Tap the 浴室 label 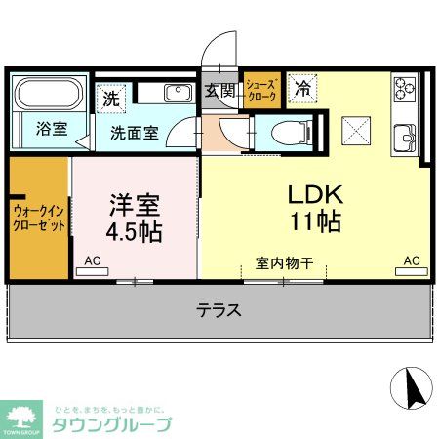click(53, 129)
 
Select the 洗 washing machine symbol click(111, 98)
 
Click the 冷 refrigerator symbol click(301, 87)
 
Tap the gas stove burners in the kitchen click(406, 90)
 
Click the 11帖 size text click(314, 220)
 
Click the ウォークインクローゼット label click(40, 217)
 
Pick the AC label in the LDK click(412, 261)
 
